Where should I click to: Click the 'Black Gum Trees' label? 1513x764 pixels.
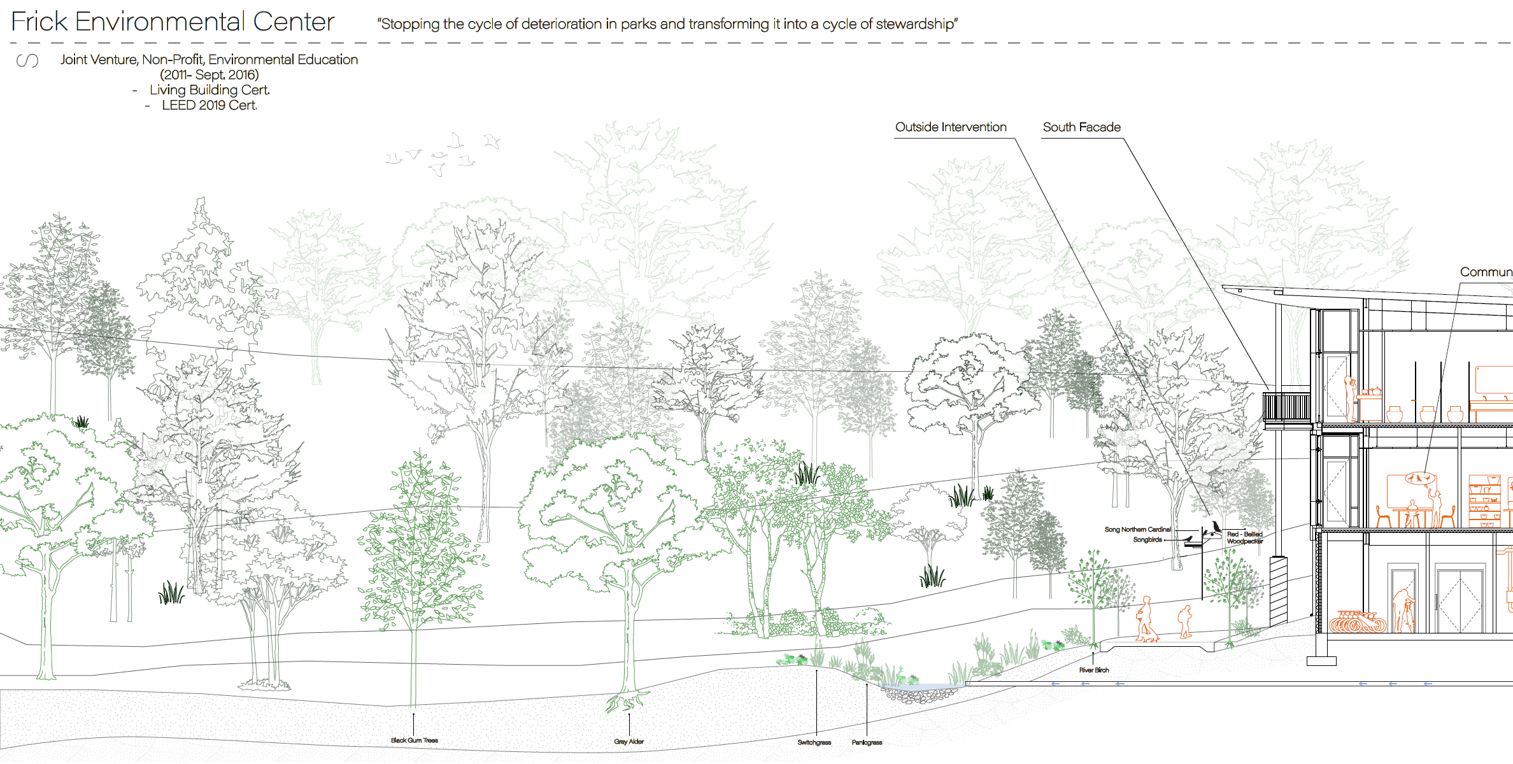[414, 740]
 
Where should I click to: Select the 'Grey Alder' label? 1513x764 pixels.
[629, 742]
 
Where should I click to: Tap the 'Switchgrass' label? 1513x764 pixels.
[814, 743]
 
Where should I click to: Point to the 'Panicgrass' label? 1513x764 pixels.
[867, 743]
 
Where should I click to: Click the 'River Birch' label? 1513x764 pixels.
[1093, 670]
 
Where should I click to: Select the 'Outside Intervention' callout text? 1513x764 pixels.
[950, 127]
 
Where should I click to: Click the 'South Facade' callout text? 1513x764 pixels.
[1081, 127]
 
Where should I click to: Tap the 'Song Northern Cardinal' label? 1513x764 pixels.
[1137, 530]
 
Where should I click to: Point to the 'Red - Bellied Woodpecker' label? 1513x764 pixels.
[1244, 538]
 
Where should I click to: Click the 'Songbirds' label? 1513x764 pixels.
[1147, 540]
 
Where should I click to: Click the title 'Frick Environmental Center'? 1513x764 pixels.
[173, 22]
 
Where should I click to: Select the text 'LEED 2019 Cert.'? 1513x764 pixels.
[209, 106]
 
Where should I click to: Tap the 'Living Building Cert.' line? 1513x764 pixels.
[210, 90]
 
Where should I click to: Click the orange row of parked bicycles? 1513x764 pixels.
[1356, 622]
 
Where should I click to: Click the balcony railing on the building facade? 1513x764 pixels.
[1286, 407]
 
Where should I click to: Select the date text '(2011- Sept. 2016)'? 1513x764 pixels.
[209, 75]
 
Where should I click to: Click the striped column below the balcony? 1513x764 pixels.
[1278, 592]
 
